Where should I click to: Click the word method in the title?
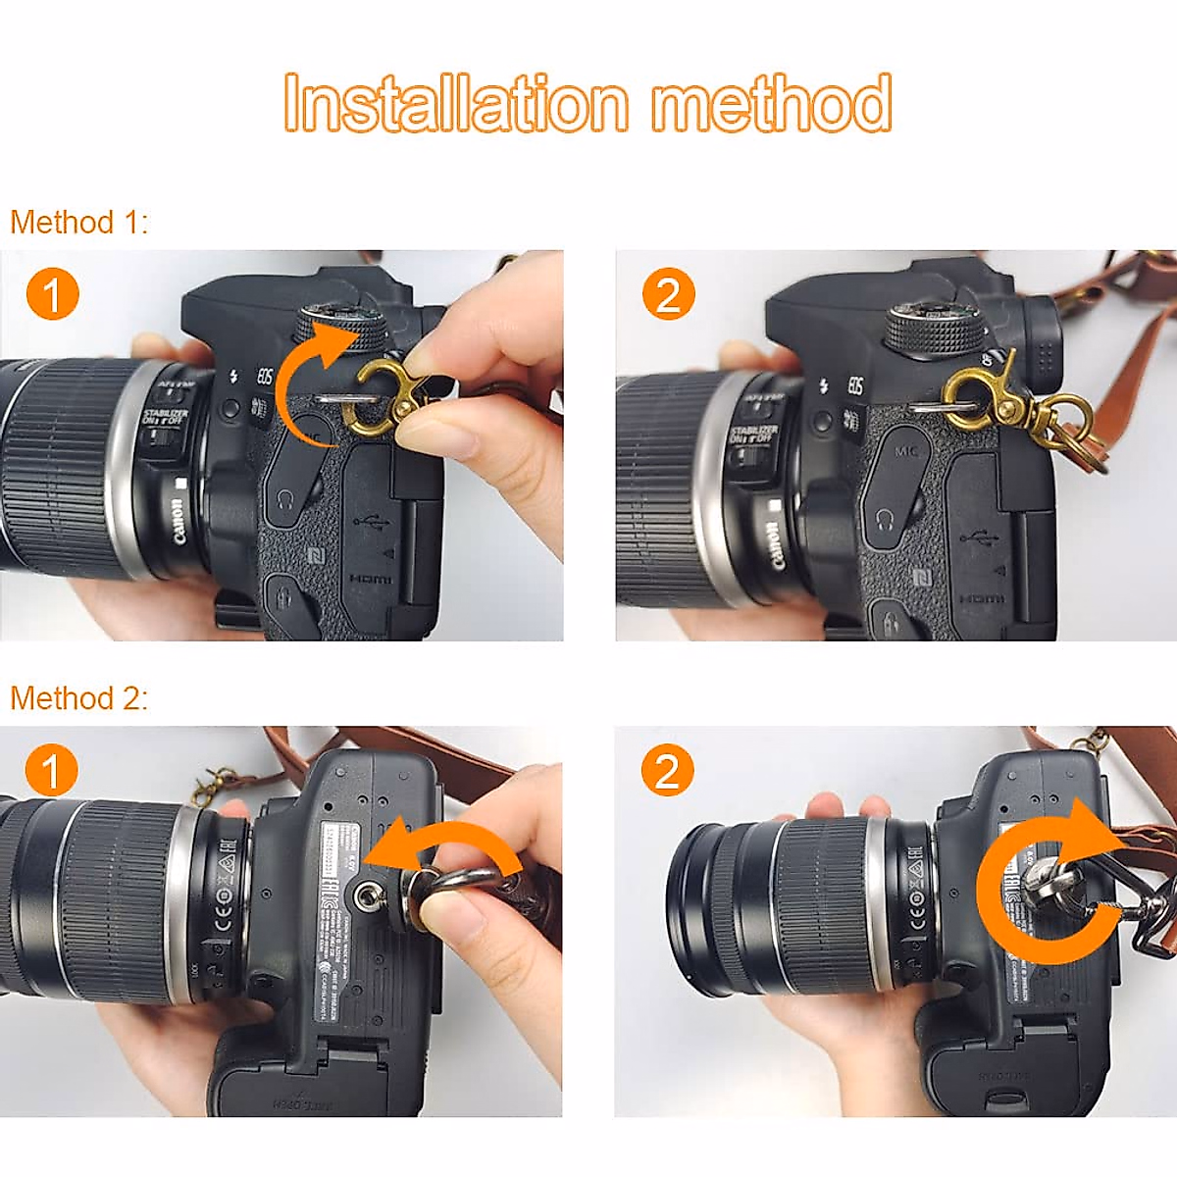pos(772,103)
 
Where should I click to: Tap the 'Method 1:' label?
pos(78,223)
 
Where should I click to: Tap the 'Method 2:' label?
pos(78,698)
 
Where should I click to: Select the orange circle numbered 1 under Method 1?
pos(52,294)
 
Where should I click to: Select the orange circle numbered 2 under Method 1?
pos(668,294)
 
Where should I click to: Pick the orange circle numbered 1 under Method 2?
pos(52,771)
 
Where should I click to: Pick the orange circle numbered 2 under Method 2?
pos(668,771)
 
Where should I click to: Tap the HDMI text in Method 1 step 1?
pos(371,580)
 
